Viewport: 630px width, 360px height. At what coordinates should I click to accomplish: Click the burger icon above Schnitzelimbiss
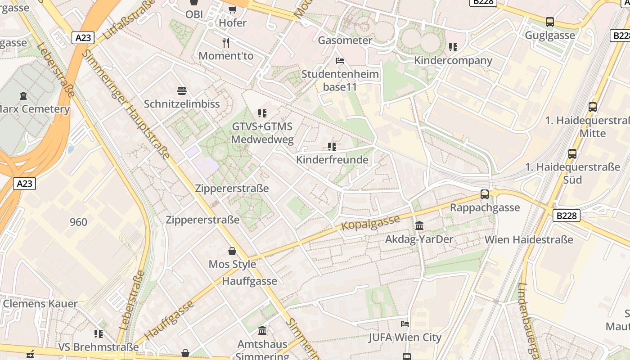coord(182,91)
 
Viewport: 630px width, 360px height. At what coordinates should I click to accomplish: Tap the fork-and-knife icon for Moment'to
coord(226,43)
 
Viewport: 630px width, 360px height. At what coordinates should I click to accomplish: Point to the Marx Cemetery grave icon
coord(23,96)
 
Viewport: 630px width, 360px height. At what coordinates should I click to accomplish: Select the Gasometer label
coord(345,40)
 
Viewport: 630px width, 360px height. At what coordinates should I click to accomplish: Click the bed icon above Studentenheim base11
coord(340,60)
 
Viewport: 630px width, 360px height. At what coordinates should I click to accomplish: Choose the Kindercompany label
coord(453,60)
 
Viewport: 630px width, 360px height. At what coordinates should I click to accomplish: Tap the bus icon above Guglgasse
coord(549,22)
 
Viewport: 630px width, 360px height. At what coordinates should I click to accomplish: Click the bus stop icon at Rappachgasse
coord(485,194)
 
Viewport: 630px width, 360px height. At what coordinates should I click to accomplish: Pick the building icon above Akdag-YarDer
coord(419,225)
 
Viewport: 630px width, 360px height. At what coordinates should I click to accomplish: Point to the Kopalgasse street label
coord(371,222)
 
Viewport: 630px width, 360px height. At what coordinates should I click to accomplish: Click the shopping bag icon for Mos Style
coord(232,251)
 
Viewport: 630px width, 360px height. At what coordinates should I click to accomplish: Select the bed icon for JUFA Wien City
coord(405,324)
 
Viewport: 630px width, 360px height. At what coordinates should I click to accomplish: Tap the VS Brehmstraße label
coord(99,347)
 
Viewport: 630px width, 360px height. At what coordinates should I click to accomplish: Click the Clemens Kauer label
coord(40,304)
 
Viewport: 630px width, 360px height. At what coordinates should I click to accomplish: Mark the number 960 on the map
coord(78,222)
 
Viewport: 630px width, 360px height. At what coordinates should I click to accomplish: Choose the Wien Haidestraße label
coord(529,239)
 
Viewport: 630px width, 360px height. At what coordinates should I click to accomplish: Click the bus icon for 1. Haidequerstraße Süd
coord(572,154)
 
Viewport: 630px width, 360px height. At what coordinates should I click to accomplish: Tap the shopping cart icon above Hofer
coord(233,9)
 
